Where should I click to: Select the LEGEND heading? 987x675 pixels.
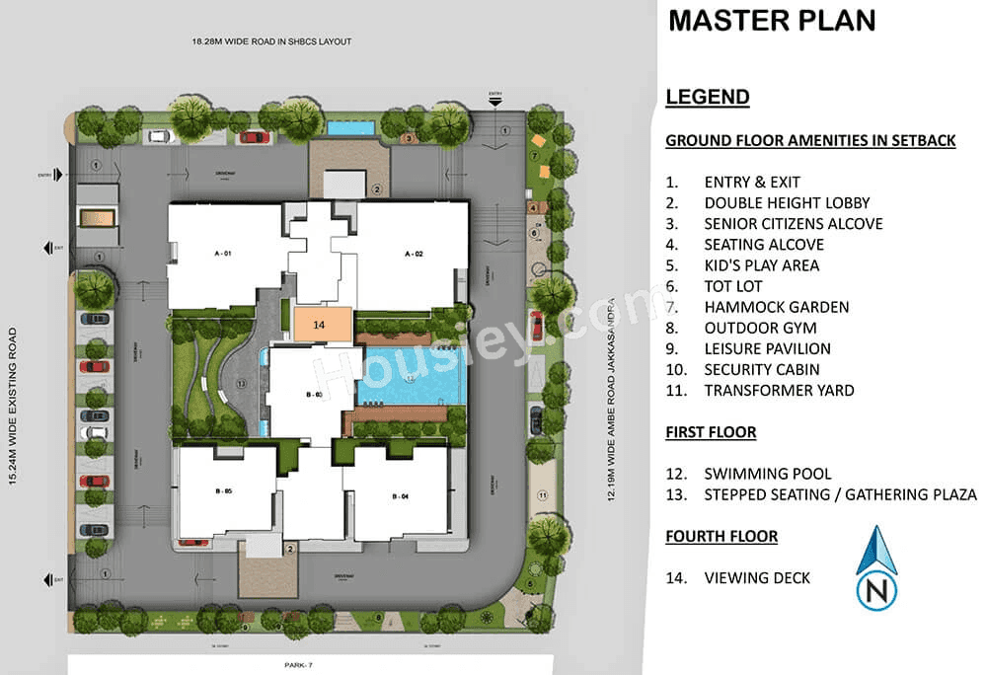708,97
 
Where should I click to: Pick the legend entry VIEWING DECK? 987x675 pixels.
757,577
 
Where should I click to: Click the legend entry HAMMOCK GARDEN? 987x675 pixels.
776,307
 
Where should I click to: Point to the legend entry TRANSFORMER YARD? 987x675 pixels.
779,390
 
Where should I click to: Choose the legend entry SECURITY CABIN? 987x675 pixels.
765,369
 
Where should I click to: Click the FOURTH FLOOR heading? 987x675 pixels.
721,536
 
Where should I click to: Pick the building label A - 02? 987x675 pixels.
413,254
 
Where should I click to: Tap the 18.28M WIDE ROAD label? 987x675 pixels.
271,41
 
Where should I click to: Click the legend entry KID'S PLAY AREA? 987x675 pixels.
761,265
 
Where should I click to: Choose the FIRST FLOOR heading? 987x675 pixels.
711,432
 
